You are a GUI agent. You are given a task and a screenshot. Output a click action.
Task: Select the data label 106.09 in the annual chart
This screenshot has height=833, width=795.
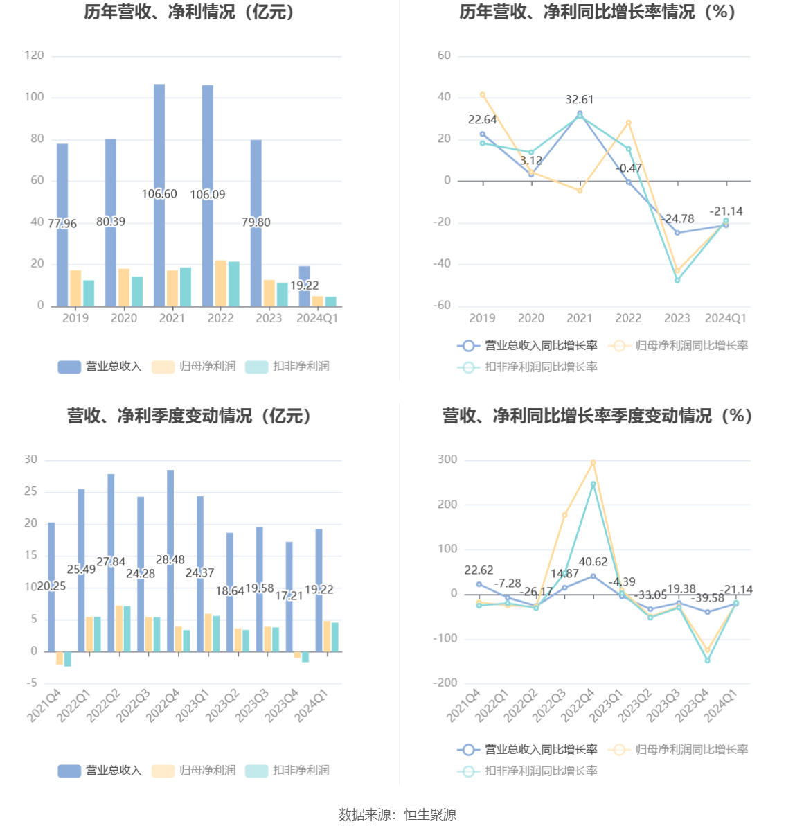click(208, 195)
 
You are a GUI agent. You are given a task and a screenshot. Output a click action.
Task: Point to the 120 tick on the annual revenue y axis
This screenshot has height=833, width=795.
click(34, 55)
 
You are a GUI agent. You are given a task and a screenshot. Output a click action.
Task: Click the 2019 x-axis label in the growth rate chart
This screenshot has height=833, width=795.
click(482, 318)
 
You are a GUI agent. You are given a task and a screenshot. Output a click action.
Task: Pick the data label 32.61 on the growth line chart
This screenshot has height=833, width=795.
click(580, 100)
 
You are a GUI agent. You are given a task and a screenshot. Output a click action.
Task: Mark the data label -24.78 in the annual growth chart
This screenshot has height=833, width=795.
click(677, 219)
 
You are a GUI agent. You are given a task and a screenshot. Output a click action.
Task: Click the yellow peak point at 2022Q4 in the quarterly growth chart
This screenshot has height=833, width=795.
click(593, 462)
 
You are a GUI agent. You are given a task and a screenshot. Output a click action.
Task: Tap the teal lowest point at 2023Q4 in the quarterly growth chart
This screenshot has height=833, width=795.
click(708, 660)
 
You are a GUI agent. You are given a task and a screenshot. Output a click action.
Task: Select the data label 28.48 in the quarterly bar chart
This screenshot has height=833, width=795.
click(170, 560)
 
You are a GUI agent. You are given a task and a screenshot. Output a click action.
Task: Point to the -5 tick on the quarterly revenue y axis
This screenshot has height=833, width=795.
click(32, 683)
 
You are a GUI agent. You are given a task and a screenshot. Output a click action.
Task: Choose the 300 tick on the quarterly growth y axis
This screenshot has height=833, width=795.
click(447, 459)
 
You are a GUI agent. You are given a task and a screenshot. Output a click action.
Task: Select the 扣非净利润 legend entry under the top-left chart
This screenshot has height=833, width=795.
click(288, 367)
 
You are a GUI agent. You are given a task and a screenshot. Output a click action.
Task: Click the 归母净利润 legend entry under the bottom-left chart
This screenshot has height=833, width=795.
click(195, 771)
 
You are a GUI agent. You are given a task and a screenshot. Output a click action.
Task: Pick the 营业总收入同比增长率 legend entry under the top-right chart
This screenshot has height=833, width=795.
click(528, 345)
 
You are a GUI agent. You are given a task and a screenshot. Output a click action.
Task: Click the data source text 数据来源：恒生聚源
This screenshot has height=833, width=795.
click(397, 815)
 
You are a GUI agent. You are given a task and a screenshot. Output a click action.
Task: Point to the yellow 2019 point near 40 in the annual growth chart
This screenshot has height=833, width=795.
click(483, 95)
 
